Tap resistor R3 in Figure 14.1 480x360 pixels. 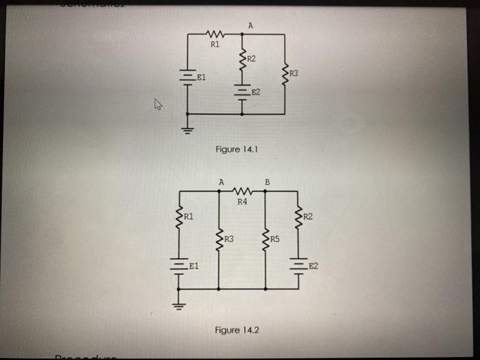tap(285, 73)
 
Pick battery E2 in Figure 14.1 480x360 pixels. tap(241, 91)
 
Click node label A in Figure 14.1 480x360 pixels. tap(250, 25)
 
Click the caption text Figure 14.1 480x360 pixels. tap(236, 149)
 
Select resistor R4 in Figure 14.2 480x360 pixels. tap(242, 191)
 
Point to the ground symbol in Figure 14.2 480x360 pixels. tap(180, 302)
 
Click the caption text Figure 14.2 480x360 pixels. tap(237, 330)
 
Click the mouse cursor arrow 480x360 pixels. tap(158, 105)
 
